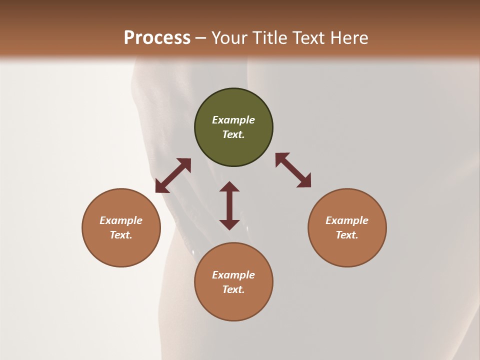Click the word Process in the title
pos(157,38)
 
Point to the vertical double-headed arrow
pos(229,205)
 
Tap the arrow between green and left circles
pos(173,175)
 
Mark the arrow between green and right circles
pos(293,170)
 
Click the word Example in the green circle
pos(233,120)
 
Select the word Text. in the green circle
pos(233,134)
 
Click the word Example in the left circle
pos(121,220)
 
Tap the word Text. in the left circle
pos(121,235)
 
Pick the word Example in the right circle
pos(347,220)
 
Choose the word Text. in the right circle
pos(347,235)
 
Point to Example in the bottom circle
pos(233,275)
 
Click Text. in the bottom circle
pos(233,289)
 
